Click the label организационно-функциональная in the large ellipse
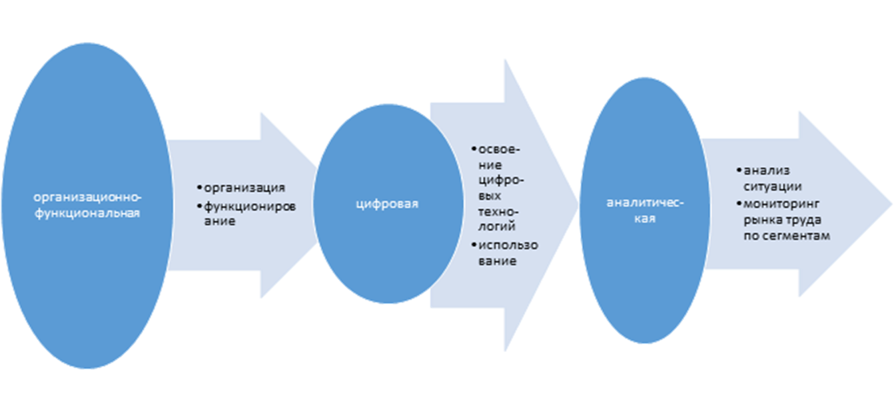[88, 206]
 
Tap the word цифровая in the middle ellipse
[386, 204]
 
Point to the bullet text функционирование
[249, 214]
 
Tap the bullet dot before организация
[201, 188]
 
